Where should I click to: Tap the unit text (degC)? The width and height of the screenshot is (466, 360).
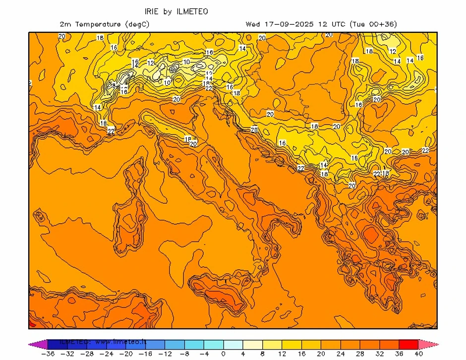137,24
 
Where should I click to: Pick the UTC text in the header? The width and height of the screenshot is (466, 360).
337,24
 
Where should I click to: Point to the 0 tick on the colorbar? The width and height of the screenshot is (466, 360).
224,354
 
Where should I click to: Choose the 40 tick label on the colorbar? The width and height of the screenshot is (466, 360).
418,354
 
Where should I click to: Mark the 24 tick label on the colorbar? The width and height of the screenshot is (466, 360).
341,354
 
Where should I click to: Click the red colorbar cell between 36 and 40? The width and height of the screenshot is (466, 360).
408,344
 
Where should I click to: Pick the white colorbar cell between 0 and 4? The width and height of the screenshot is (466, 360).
233,344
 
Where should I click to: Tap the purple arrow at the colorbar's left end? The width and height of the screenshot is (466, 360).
34,344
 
